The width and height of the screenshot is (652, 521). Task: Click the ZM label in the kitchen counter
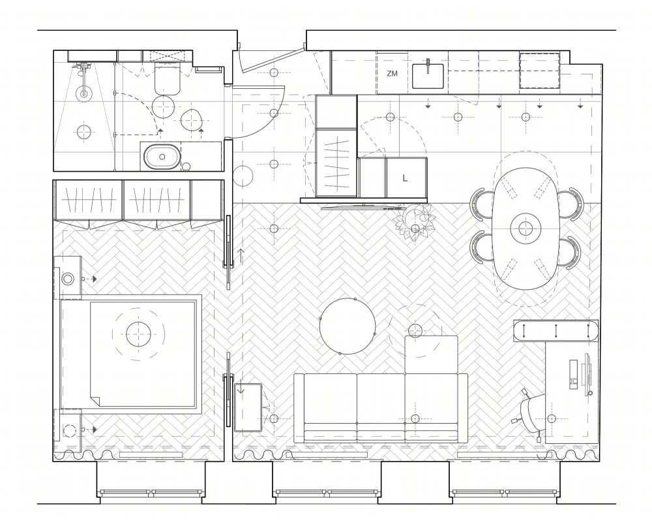point(392,74)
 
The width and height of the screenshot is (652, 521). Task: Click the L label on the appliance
point(405,178)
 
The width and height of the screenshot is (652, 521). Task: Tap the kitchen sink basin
point(428,76)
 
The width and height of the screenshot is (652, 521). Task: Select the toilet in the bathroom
point(167,78)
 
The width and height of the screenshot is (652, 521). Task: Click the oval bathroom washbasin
point(162,157)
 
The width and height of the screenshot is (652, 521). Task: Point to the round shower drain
point(84,94)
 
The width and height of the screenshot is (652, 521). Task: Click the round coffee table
point(348,326)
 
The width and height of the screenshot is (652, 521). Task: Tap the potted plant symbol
point(414,223)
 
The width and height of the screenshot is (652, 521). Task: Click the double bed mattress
point(143,354)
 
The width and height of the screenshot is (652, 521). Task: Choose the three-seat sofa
point(381,407)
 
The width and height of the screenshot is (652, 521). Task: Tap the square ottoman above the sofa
point(431,355)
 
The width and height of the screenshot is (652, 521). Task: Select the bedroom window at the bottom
point(151,493)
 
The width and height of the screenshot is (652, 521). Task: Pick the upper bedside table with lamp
point(67,277)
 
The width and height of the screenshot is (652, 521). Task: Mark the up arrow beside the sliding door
point(241,256)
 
